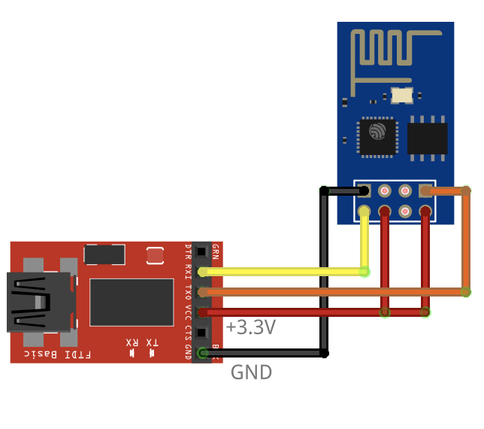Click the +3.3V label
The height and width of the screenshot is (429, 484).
pos(250,327)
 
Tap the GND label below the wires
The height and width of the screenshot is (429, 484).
pos(251,372)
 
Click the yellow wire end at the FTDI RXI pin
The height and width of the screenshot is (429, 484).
pos(203,272)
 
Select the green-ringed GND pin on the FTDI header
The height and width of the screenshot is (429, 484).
pos(202,352)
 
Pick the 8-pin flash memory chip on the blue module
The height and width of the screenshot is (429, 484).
pos(428,138)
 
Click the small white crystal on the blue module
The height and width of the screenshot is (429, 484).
pos(402,95)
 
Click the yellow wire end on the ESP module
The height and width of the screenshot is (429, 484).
pos(365,211)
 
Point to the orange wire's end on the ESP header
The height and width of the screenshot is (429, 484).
pos(426,191)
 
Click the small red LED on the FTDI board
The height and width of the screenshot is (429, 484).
pos(155,256)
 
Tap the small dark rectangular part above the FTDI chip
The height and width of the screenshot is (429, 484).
pos(104,254)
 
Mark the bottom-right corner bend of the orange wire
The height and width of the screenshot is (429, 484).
pos(466,291)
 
